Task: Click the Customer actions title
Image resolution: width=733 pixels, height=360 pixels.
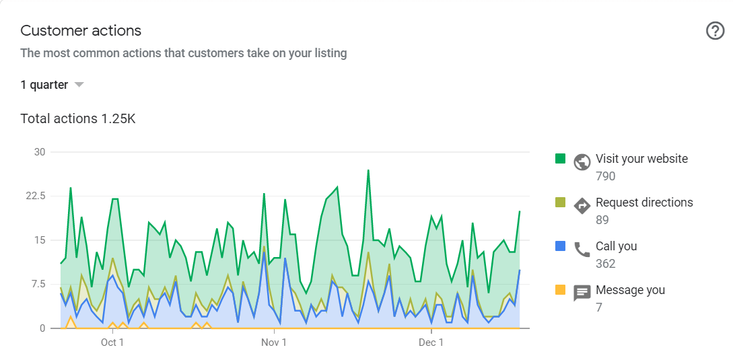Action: click(81, 31)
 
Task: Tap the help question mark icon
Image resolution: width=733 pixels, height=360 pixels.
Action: click(715, 31)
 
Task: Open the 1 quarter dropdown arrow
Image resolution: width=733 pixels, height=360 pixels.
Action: click(79, 85)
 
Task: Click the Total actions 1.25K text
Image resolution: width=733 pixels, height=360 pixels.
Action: click(78, 119)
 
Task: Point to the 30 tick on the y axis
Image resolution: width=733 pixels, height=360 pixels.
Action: click(40, 152)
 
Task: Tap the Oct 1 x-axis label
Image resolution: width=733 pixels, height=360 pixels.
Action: click(112, 343)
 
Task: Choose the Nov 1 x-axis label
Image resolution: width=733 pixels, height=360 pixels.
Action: click(273, 343)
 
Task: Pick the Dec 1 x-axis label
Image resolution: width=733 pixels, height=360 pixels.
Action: click(431, 343)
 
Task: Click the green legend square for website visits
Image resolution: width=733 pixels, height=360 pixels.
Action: click(560, 159)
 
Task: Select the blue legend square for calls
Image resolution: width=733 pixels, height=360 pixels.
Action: click(560, 246)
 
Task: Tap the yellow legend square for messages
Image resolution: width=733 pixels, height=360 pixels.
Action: click(560, 290)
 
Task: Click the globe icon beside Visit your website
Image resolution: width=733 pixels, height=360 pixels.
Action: click(582, 162)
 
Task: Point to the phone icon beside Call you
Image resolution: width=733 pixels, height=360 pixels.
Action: click(582, 250)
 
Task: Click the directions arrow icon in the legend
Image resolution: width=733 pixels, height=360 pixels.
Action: click(582, 206)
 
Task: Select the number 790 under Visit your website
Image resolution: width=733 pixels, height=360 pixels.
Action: click(605, 176)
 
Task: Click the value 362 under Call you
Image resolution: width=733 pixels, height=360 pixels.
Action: click(605, 264)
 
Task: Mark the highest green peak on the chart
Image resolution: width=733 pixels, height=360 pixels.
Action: click(368, 170)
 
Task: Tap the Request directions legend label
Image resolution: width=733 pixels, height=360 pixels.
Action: click(644, 203)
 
